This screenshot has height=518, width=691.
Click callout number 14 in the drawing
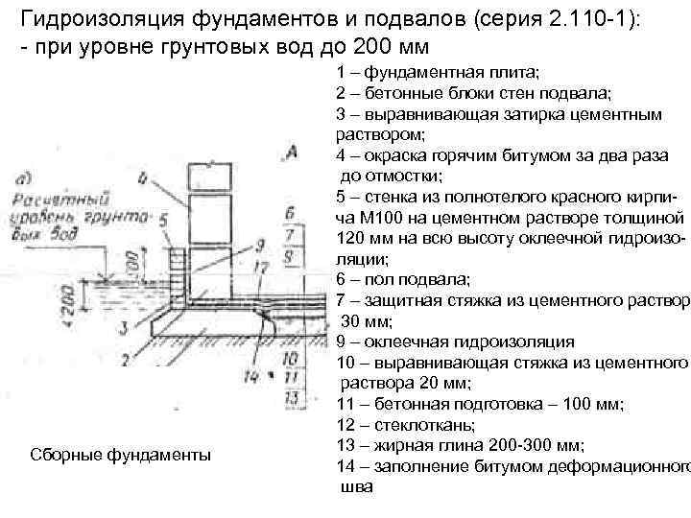(251, 376)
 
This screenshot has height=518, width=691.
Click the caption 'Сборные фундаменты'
(121, 454)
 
